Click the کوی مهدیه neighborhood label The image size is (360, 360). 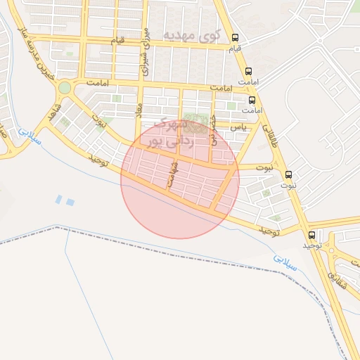tap(191, 34)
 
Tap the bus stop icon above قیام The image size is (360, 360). tap(235, 38)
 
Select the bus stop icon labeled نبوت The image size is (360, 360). tap(288, 174)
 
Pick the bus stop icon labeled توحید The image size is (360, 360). tap(311, 235)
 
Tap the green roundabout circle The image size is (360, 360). tap(65, 87)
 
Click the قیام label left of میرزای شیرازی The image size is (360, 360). tap(118, 41)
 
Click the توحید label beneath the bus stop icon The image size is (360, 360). tap(312, 246)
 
